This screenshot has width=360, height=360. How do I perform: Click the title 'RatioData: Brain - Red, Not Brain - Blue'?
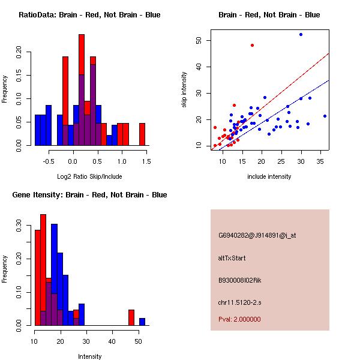point(89,15)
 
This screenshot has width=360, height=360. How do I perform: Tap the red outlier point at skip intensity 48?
point(252,45)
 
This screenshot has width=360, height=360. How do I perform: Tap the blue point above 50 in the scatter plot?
point(301,35)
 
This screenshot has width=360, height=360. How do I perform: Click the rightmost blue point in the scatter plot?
point(325,116)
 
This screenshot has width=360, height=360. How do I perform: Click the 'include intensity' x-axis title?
point(269,176)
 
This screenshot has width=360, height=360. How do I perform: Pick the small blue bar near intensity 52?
point(142,322)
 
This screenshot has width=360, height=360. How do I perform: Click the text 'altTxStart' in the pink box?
point(232,258)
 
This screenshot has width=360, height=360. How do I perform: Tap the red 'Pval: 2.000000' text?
point(239,319)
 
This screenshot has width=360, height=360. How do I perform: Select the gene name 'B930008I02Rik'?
point(240,280)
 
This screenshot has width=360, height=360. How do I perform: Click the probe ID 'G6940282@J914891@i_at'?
point(257,235)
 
